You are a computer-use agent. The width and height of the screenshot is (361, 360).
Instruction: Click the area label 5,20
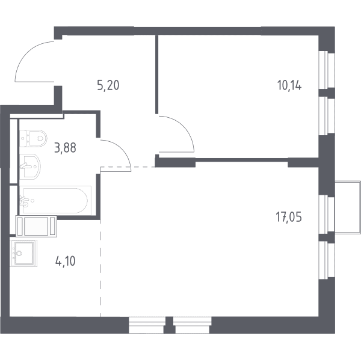click(x=108, y=85)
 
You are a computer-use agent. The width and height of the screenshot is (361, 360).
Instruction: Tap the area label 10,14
click(x=289, y=85)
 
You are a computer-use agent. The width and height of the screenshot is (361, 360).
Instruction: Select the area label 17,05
click(x=289, y=217)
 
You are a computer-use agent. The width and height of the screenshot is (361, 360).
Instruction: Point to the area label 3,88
click(x=65, y=148)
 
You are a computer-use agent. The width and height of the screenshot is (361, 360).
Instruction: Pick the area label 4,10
click(x=66, y=261)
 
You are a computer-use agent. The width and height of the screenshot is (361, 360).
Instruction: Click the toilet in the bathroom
click(x=33, y=138)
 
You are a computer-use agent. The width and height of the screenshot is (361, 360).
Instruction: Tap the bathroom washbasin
click(x=30, y=166)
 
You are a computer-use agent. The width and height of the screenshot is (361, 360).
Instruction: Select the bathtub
click(x=55, y=200)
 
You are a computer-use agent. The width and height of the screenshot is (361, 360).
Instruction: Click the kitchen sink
click(x=23, y=253)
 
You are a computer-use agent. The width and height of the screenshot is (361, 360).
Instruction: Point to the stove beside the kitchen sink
click(x=36, y=226)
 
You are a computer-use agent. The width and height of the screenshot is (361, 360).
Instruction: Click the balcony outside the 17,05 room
click(x=347, y=207)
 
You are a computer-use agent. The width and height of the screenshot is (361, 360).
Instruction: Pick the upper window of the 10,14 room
click(x=326, y=69)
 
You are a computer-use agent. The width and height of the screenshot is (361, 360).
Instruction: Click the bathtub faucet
click(x=25, y=201)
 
